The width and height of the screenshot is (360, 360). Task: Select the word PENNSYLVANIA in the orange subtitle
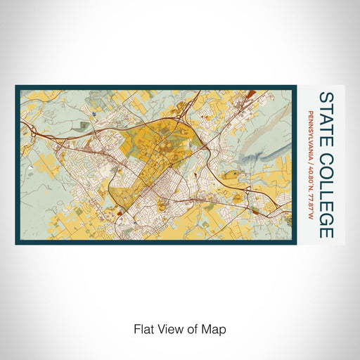pyautogui.click(x=310, y=135)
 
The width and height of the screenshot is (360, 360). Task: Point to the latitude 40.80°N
pyautogui.click(x=310, y=178)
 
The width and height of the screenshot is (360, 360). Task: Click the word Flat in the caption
pyautogui.click(x=143, y=328)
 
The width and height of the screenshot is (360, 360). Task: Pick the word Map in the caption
pyautogui.click(x=212, y=328)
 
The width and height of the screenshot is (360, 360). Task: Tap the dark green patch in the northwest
pyautogui.click(x=84, y=126)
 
